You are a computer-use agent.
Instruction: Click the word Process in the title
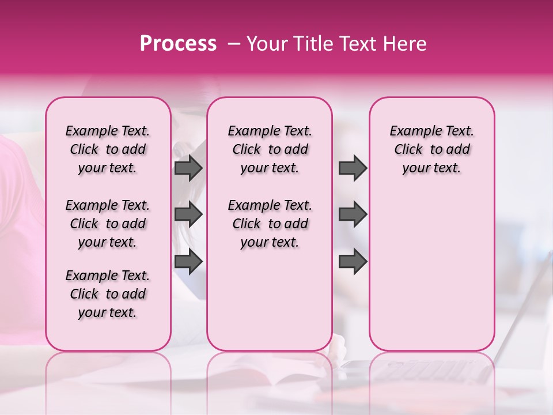(178, 44)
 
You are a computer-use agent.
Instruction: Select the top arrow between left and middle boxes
(188, 168)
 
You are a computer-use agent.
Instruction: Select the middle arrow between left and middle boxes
(188, 214)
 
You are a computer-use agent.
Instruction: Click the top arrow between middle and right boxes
(353, 168)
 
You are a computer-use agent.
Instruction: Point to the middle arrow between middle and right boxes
(353, 214)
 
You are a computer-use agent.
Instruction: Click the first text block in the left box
(108, 149)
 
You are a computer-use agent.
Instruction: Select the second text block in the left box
(108, 224)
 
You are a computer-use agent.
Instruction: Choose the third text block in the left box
(108, 294)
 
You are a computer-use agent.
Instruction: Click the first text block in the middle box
(270, 149)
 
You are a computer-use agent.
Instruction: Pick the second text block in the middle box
(270, 224)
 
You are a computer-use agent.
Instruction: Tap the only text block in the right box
(432, 149)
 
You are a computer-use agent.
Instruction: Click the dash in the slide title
(234, 44)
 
